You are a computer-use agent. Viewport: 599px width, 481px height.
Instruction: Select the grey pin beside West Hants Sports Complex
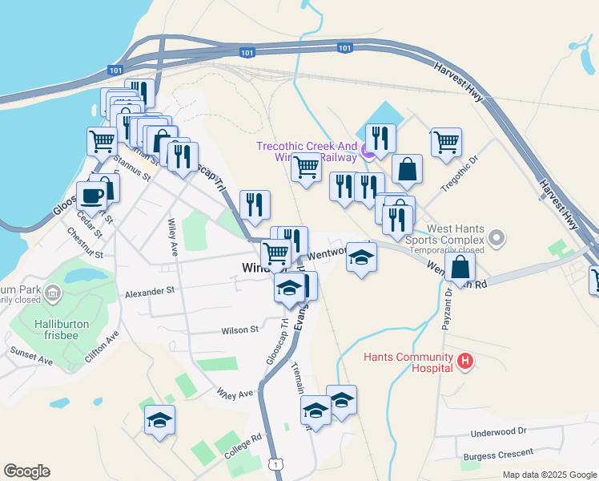coord(497,237)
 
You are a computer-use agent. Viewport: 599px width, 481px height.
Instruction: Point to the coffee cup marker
coord(91,196)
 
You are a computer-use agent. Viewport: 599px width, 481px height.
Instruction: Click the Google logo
coord(26,471)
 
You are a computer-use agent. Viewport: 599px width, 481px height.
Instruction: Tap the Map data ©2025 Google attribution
coord(549,475)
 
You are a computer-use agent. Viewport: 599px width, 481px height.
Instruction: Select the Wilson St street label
coord(240,329)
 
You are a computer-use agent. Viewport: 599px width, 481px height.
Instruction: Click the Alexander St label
coord(149,293)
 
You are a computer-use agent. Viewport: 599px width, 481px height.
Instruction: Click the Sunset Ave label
coord(31,357)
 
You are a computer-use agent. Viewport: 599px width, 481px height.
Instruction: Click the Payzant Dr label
coord(446,309)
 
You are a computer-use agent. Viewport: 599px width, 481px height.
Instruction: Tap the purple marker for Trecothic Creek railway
coord(368,149)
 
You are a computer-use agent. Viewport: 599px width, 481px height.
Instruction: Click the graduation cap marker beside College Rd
coord(159,420)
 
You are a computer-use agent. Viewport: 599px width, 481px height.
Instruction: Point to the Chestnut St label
coord(86,245)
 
